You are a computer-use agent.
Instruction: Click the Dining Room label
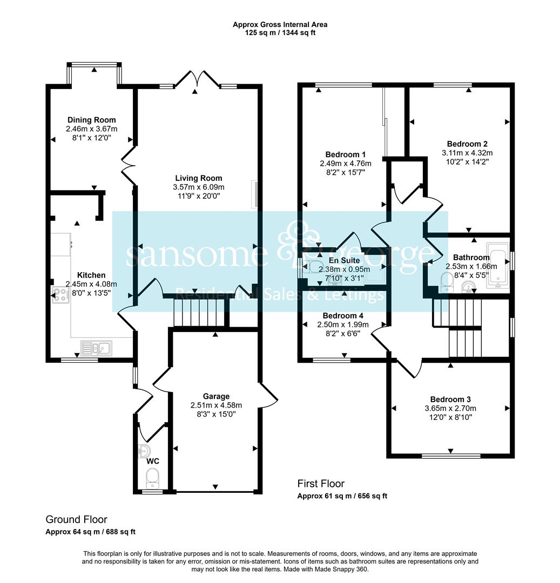[x=91, y=120]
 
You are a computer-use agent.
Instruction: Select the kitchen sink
[x=96, y=348]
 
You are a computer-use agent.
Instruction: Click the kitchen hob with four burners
[x=60, y=295]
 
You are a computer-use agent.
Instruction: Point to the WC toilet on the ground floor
[x=152, y=478]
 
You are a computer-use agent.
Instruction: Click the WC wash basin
[x=144, y=451]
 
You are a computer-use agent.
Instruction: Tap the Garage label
[x=216, y=396]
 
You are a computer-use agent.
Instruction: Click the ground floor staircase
[x=199, y=313]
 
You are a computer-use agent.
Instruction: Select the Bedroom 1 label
[x=346, y=154]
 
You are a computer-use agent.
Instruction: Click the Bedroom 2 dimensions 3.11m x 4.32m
[x=467, y=153]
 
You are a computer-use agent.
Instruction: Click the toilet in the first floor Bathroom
[x=446, y=283]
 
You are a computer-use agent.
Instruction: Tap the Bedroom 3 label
[x=450, y=399]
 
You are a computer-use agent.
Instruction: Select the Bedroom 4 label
[x=343, y=316]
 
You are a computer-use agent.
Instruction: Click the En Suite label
[x=345, y=260]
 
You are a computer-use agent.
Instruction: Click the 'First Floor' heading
[x=321, y=484]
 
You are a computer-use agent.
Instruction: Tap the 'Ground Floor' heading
[x=76, y=519]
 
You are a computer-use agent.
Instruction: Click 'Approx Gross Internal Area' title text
[x=280, y=24]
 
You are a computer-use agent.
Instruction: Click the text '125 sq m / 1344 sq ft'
[x=280, y=33]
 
